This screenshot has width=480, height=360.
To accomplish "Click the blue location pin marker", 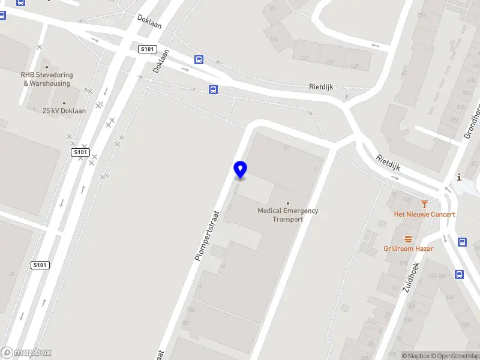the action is click(240, 169).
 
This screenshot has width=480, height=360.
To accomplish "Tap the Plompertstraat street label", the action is click(208, 235).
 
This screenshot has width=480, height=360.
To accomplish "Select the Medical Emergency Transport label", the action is click(287, 215).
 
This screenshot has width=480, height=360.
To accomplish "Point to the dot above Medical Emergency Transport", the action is click(287, 203).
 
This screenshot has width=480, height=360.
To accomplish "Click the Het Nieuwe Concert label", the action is click(424, 214).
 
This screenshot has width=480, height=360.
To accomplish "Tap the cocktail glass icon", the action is click(425, 204).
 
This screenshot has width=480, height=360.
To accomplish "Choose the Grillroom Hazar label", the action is click(408, 248).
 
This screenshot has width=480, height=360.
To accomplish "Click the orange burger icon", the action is click(409, 238).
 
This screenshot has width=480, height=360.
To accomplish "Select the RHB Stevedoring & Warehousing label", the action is click(47, 79).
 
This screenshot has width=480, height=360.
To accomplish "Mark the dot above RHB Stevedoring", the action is click(47, 68).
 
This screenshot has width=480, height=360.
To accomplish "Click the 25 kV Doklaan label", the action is click(64, 111).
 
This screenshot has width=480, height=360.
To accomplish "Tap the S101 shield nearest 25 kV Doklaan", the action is click(81, 152).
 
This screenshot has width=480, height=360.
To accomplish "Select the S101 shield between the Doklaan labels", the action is click(147, 49).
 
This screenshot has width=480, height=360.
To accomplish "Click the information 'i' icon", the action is click(459, 177).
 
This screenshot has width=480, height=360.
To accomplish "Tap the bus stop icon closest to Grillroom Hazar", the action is click(462, 242).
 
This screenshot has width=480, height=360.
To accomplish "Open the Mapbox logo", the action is click(26, 353).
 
